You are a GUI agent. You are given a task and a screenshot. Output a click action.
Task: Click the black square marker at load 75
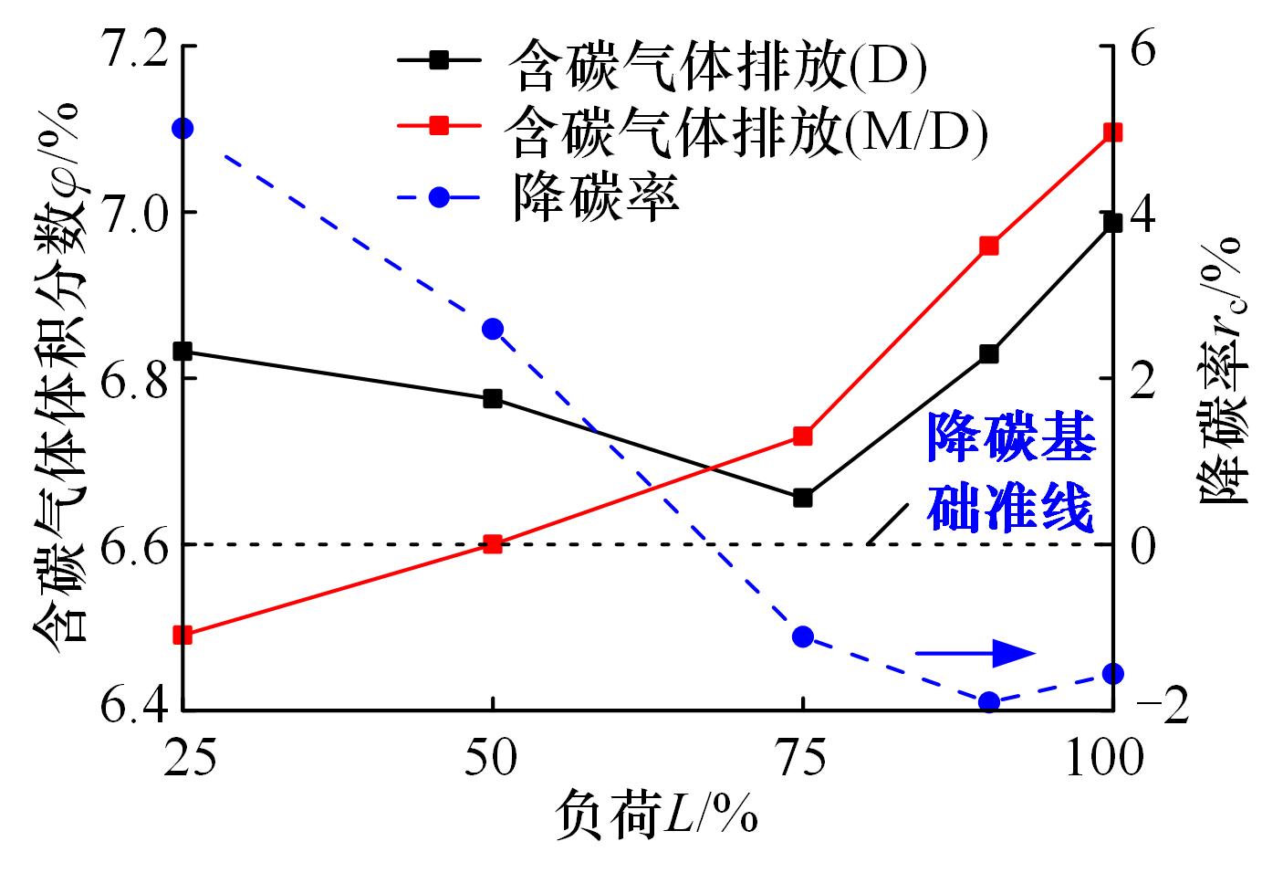pyautogui.click(x=803, y=498)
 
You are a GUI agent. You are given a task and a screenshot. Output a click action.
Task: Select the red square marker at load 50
pyautogui.click(x=493, y=544)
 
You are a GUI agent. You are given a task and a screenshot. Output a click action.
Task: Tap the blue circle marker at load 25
pyautogui.click(x=183, y=128)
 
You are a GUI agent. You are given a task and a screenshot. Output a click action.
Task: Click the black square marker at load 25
pyautogui.click(x=183, y=351)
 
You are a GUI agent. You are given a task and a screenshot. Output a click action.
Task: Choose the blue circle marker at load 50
pyautogui.click(x=493, y=330)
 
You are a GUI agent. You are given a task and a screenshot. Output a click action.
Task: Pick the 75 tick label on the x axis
pyautogui.click(x=803, y=756)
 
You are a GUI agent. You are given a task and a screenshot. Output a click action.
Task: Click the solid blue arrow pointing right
pyautogui.click(x=975, y=652)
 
